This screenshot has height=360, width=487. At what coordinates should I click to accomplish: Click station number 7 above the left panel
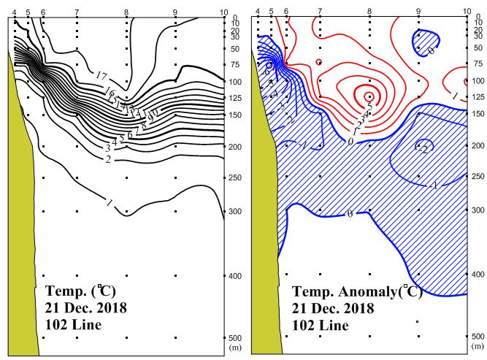77,13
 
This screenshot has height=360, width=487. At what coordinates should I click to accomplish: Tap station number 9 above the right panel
418,12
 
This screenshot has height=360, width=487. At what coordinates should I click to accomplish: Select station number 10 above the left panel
223,13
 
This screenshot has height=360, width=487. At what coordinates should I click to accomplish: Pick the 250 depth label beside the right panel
478,177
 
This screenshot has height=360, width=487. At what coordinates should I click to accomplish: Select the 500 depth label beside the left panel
235,338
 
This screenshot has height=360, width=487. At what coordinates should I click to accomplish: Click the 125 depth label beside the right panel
478,97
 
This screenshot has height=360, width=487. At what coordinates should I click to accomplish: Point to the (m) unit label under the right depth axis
478,345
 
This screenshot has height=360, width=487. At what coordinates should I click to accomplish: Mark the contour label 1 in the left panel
110,203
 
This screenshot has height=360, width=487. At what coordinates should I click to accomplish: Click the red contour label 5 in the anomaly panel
369,107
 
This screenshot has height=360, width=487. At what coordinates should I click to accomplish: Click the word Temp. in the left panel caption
64,292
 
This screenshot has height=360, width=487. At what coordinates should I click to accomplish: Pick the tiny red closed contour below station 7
319,62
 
